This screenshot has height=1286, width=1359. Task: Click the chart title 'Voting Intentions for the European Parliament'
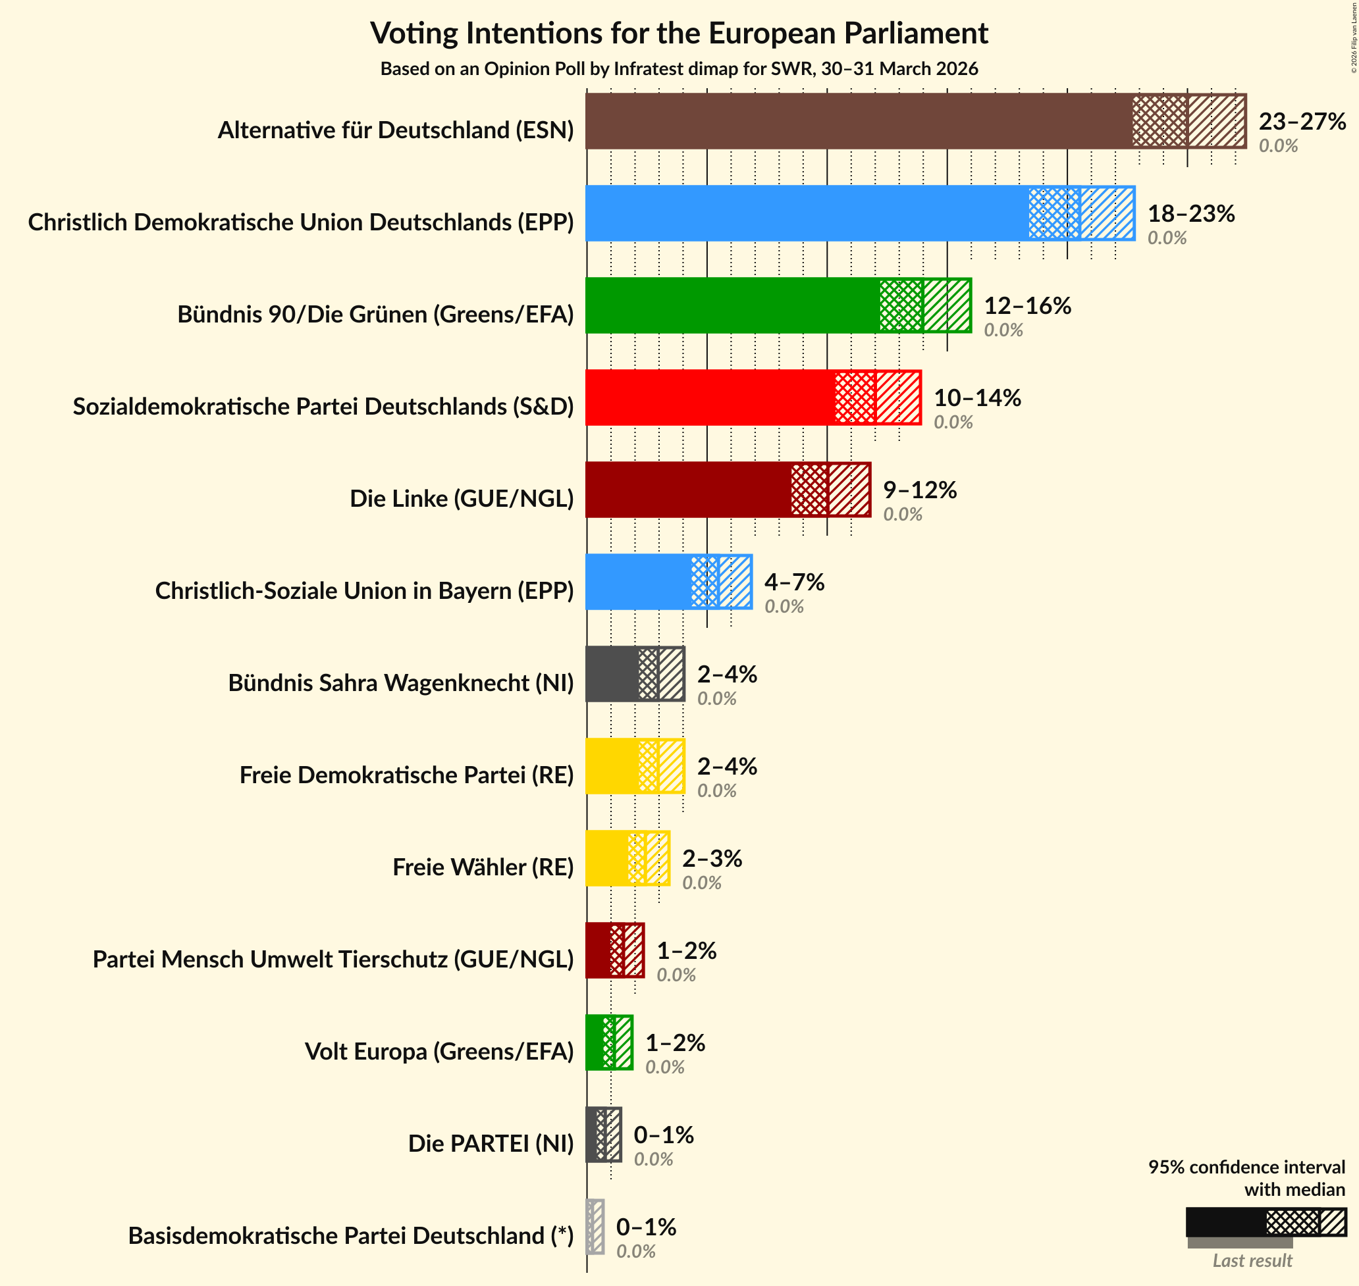[679, 33]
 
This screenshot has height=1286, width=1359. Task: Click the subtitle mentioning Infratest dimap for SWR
[679, 69]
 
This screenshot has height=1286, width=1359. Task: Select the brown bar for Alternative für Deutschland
[857, 121]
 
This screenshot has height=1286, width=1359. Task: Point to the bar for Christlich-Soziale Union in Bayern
[637, 582]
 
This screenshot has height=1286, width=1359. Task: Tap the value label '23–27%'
[1302, 121]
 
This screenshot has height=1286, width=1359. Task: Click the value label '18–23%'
[1191, 213]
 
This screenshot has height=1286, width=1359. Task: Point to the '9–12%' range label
[919, 490]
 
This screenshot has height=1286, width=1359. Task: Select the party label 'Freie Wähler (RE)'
[483, 867]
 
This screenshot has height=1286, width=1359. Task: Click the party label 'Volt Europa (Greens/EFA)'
[439, 1051]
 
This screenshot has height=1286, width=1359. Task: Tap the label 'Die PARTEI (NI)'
[491, 1143]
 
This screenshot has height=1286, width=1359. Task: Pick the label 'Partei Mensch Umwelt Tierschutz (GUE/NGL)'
[333, 959]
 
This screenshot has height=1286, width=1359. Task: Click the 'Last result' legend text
[1252, 1260]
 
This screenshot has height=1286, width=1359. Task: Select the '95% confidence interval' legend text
[1246, 1168]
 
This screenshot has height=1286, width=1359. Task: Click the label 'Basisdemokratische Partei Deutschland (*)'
[350, 1235]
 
